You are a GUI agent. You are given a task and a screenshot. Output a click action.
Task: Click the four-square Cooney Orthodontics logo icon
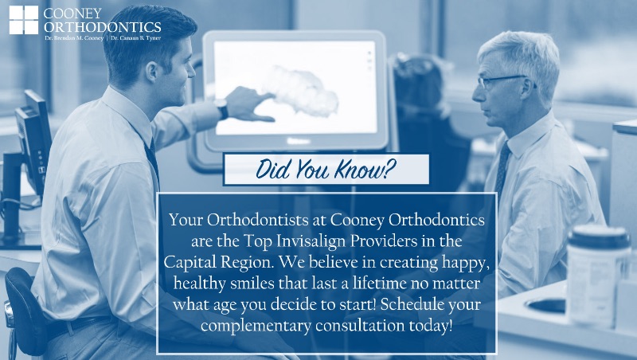tap(24, 20)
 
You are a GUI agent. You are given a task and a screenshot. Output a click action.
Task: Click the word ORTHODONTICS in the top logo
tap(103, 27)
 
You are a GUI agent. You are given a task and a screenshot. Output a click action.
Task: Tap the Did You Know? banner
tap(326, 170)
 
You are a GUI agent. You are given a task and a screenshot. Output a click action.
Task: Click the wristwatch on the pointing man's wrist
tap(222, 109)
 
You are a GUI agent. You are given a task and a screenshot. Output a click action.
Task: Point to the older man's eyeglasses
tap(502, 81)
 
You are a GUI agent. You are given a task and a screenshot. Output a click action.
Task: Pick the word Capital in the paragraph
tap(190, 262)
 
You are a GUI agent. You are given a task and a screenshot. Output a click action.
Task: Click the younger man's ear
tap(151, 72)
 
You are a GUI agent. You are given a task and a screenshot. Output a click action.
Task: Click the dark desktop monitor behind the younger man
tap(33, 143)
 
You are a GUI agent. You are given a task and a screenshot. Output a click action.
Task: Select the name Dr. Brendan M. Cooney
tap(74, 38)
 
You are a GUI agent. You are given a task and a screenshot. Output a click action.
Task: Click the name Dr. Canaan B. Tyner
tap(135, 38)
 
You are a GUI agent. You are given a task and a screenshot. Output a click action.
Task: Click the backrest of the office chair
tap(25, 310)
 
